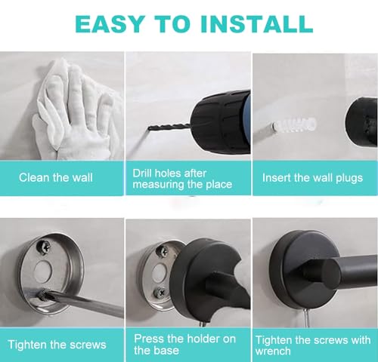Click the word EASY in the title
(110, 24)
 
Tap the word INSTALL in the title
(256, 24)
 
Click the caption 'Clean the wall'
(56, 177)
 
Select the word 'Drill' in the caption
(142, 173)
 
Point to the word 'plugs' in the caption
(349, 179)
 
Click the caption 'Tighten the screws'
(57, 345)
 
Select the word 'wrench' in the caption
(273, 351)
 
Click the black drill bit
(169, 127)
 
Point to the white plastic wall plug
(294, 124)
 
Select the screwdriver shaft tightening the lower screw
(83, 302)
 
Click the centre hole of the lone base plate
(43, 271)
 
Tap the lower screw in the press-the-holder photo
(160, 292)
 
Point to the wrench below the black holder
(307, 318)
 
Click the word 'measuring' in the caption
(158, 185)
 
